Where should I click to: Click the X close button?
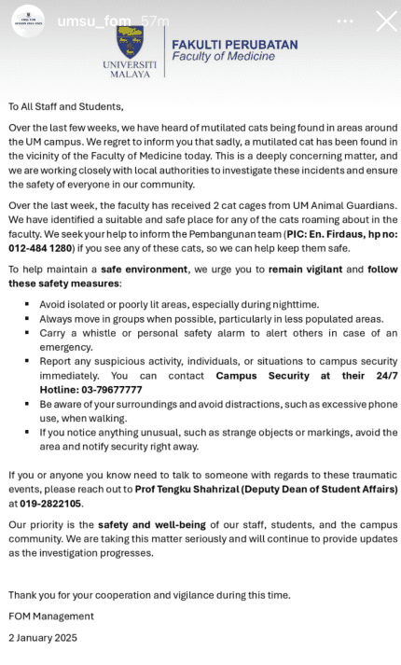tap(385, 21)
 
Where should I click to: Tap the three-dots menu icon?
tap(345, 21)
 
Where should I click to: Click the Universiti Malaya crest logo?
tap(130, 42)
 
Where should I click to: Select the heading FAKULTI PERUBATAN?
tap(234, 44)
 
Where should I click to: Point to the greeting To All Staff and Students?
tap(65, 106)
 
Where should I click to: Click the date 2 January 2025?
tap(43, 638)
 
